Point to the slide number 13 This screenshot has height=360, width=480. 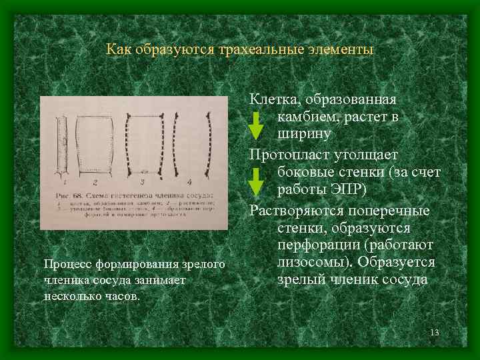point(436,333)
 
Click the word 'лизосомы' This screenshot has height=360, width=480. point(309,262)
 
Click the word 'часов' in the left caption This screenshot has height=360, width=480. point(123,295)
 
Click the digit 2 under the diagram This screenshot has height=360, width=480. point(95,181)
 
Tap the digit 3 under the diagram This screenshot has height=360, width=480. point(142,181)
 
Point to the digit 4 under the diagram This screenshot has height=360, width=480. point(189,181)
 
